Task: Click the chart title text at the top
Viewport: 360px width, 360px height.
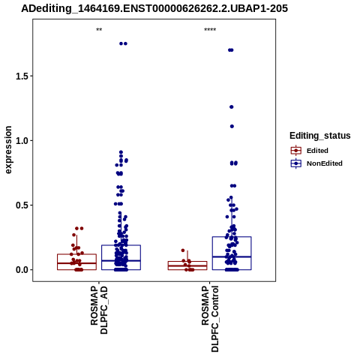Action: click(x=154, y=9)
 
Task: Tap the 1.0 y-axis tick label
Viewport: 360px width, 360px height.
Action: click(x=21, y=140)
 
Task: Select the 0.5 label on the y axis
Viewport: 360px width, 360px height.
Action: click(x=21, y=205)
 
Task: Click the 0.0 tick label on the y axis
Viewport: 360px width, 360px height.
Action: click(x=21, y=270)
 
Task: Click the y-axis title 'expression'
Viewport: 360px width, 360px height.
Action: click(x=8, y=150)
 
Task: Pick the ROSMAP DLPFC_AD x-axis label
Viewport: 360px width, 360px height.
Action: click(x=99, y=310)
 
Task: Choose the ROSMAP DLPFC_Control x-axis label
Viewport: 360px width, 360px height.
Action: click(x=210, y=319)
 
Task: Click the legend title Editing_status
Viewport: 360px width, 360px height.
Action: click(x=320, y=136)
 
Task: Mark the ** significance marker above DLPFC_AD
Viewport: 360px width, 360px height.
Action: click(x=99, y=30)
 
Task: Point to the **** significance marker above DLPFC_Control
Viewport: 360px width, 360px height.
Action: click(x=210, y=30)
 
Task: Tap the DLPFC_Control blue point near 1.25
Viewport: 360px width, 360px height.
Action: click(x=232, y=107)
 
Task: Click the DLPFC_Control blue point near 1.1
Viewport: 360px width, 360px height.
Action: click(x=232, y=127)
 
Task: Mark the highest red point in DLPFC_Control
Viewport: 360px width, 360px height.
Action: click(x=183, y=250)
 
